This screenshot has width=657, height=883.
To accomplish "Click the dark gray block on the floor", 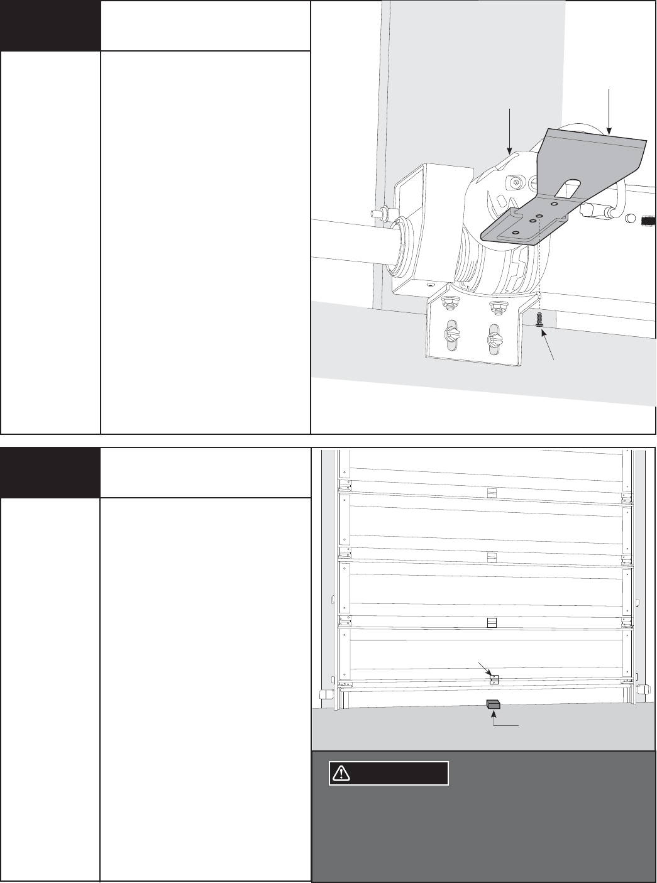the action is pos(493,705).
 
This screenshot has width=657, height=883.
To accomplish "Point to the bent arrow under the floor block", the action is pos(503,723).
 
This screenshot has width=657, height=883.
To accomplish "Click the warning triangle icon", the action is pos(341,773).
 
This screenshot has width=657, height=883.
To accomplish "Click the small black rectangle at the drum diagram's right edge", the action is pos(648,221).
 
